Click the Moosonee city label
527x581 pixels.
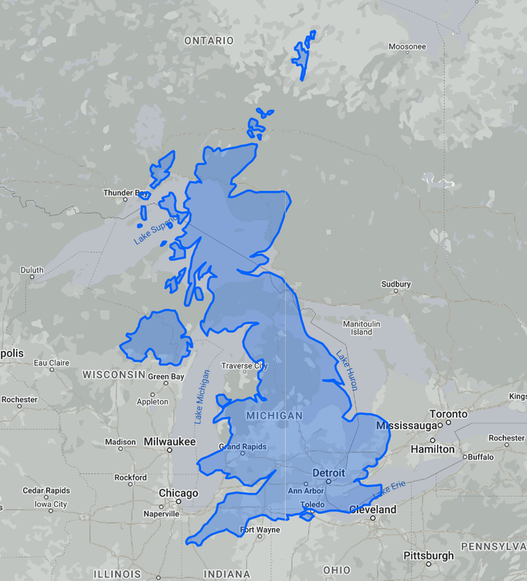(407, 46)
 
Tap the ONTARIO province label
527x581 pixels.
(209, 41)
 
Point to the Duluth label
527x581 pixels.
(32, 270)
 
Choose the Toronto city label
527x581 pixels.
(448, 414)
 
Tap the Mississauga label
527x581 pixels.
(406, 425)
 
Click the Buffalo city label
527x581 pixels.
(480, 457)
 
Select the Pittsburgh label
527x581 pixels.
(429, 556)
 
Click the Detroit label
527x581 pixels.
(328, 473)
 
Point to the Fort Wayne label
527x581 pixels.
(260, 529)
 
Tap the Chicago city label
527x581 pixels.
(178, 494)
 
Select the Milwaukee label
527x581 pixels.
(169, 442)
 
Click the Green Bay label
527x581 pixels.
(166, 377)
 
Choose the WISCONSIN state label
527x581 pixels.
(114, 375)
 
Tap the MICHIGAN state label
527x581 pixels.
(274, 415)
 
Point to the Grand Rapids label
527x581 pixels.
(243, 447)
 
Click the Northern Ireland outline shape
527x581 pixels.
(156, 336)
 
